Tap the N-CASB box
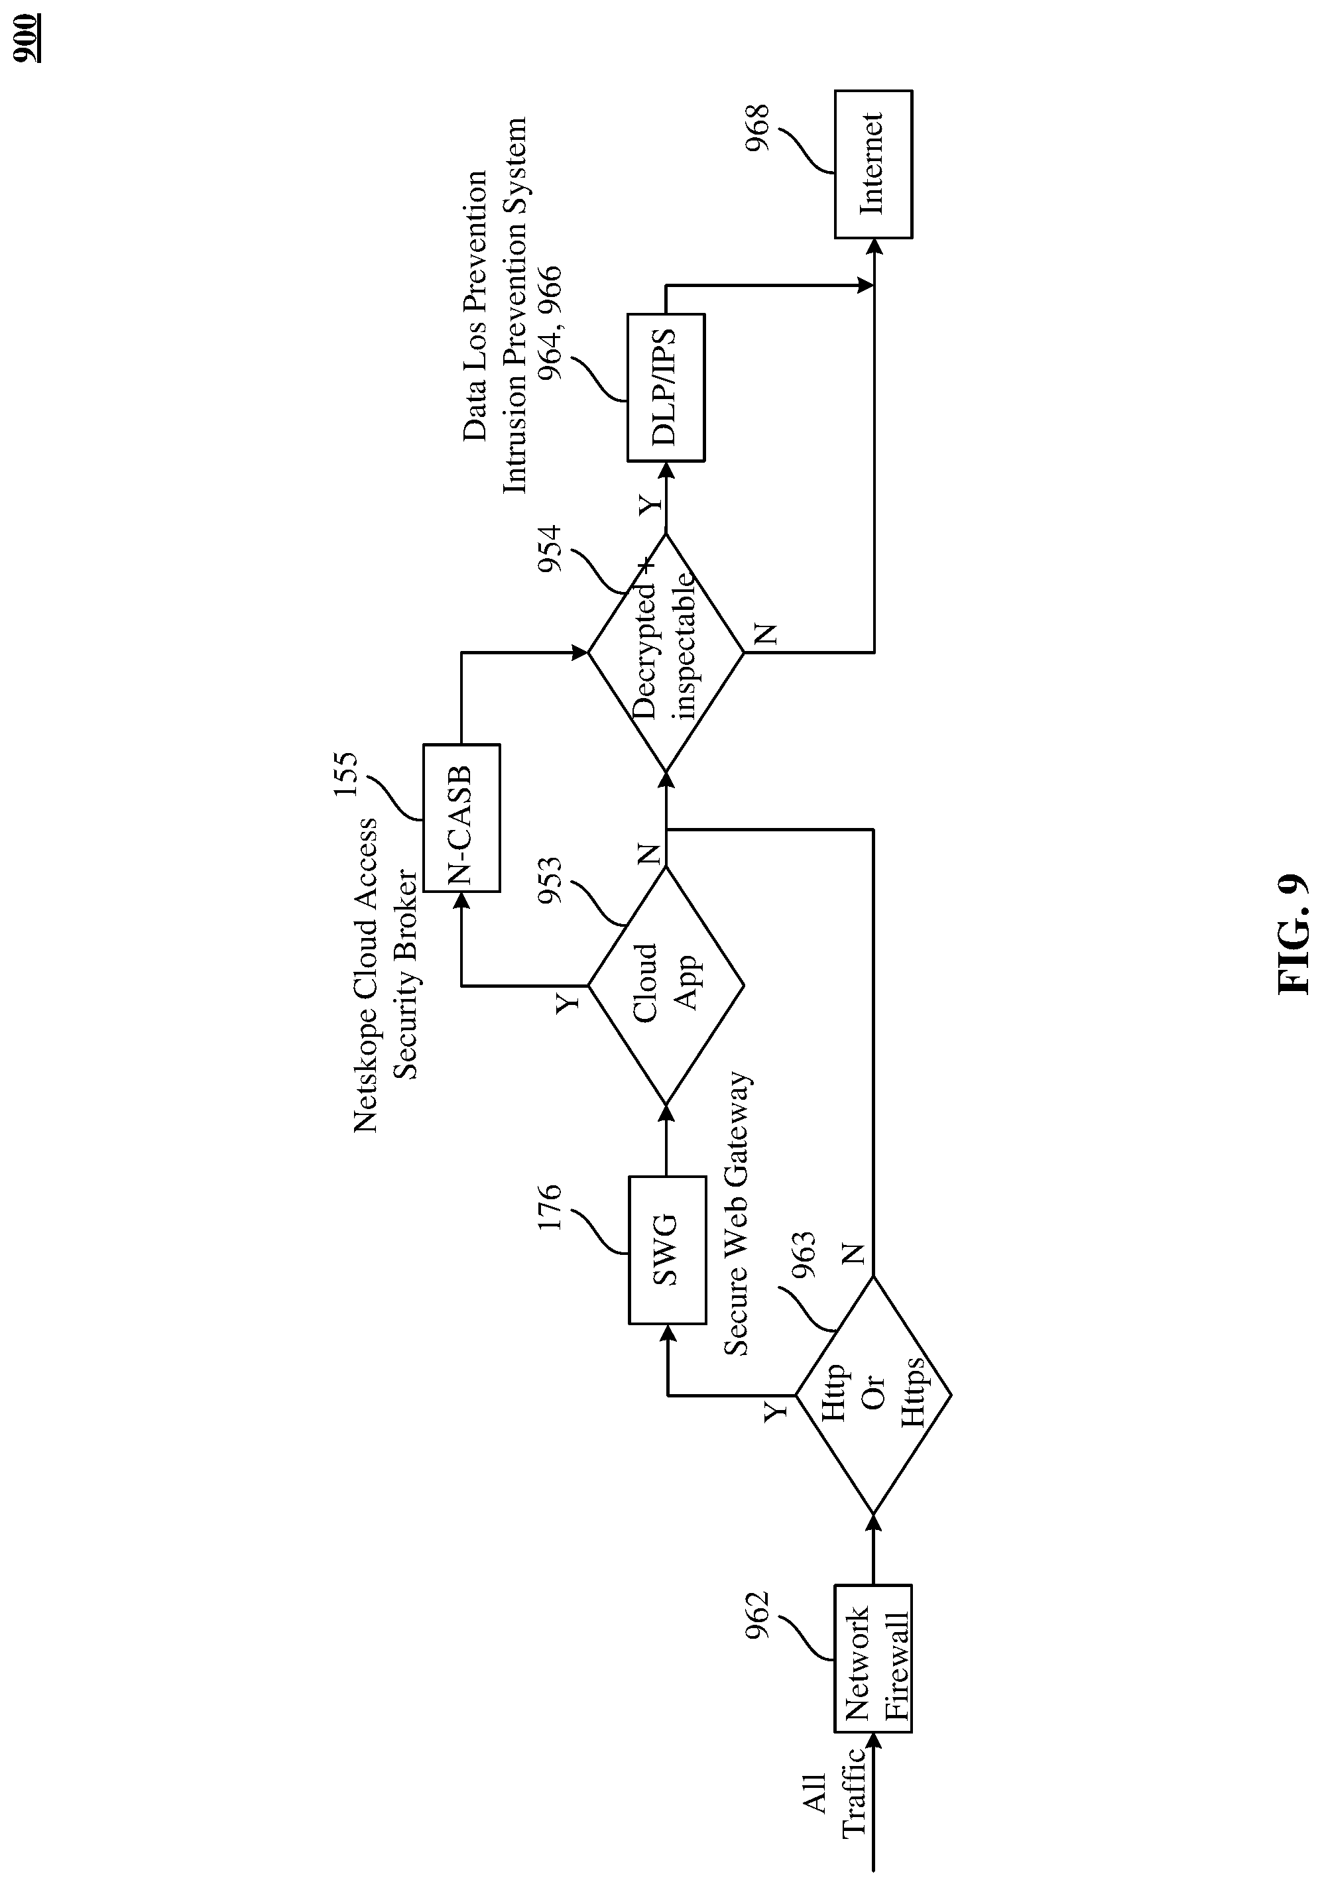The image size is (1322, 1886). tap(461, 817)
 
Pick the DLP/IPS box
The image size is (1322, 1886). tap(666, 387)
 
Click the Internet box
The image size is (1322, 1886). tap(873, 164)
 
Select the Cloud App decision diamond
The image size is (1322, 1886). tap(666, 986)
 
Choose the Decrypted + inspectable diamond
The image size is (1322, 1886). tap(666, 653)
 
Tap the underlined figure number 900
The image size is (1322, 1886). tap(28, 38)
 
